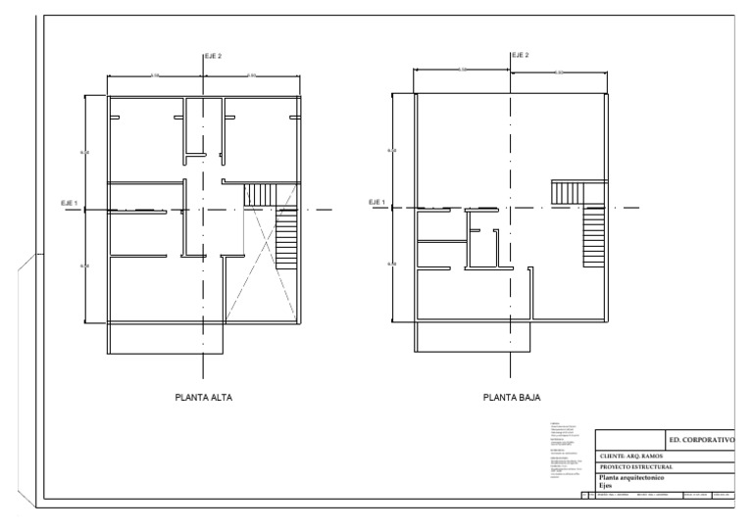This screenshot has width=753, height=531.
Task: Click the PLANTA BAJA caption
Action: tap(511, 398)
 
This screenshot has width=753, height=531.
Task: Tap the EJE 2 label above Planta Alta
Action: tap(213, 56)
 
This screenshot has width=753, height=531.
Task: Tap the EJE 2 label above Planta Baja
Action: tap(520, 56)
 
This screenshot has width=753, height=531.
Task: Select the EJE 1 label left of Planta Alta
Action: tap(71, 203)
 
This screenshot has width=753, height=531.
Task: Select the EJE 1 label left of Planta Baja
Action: tap(376, 203)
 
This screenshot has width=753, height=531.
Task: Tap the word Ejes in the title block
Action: tap(605, 485)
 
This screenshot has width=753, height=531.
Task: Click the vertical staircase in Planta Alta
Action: tap(286, 240)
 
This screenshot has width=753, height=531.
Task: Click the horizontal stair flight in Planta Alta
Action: tap(261, 194)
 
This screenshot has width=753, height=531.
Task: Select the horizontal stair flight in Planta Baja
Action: tap(567, 192)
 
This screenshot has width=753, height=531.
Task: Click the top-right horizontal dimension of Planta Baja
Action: tap(559, 72)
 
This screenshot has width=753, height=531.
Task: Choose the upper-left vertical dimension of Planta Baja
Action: tap(392, 151)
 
